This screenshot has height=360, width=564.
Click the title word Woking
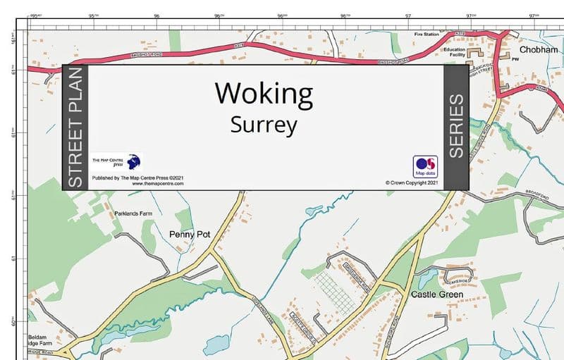pyautogui.click(x=264, y=93)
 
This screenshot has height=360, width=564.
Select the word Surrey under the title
pyautogui.click(x=264, y=125)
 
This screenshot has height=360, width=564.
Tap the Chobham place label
pyautogui.click(x=539, y=50)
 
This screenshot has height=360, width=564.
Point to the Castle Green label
pyautogui.click(x=437, y=294)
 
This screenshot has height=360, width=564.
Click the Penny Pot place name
pyautogui.click(x=190, y=233)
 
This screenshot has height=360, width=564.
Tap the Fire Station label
pyautogui.click(x=427, y=35)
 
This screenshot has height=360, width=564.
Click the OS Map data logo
pyautogui.click(x=425, y=166)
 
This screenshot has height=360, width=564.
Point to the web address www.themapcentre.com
pyautogui.click(x=158, y=183)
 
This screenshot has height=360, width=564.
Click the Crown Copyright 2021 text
pyautogui.click(x=412, y=182)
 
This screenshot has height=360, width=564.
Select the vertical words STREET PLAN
pyautogui.click(x=75, y=128)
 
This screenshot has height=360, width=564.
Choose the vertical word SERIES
pyautogui.click(x=456, y=127)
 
